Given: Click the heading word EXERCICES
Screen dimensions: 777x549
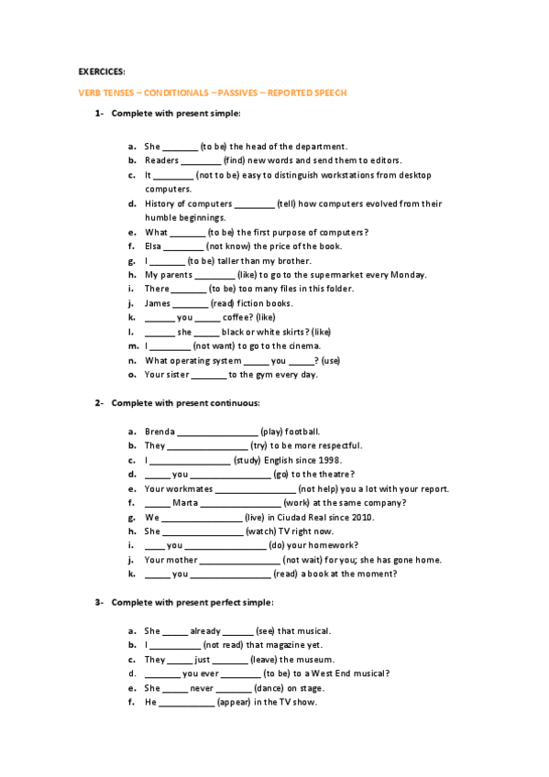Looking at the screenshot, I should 102,71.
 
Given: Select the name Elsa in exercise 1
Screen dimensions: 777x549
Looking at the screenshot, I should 152,246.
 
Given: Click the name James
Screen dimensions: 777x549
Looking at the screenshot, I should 158,303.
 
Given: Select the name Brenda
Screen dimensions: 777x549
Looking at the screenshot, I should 159,431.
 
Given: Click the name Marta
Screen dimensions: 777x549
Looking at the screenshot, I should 184,503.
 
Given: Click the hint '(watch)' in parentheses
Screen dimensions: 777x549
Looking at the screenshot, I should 265,531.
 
